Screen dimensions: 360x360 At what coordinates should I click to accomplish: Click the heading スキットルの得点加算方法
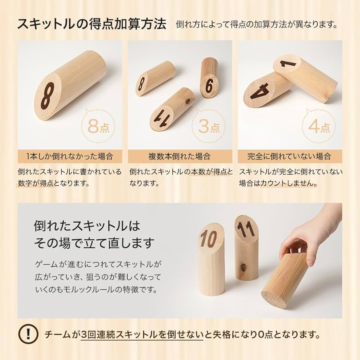click(x=91, y=24)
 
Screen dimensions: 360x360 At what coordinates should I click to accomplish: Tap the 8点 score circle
click(x=99, y=127)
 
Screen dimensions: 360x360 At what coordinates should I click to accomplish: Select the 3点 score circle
click(x=209, y=127)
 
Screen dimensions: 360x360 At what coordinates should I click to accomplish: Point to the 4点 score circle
click(x=319, y=127)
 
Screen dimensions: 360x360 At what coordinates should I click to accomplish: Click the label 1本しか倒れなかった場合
click(x=70, y=156)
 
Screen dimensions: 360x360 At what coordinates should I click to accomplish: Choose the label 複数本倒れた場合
click(x=180, y=156)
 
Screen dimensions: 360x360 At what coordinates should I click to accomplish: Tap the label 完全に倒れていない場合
click(x=290, y=156)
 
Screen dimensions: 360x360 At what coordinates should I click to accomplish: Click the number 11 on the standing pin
click(x=246, y=229)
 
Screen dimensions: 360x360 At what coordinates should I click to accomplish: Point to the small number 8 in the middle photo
click(x=141, y=84)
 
